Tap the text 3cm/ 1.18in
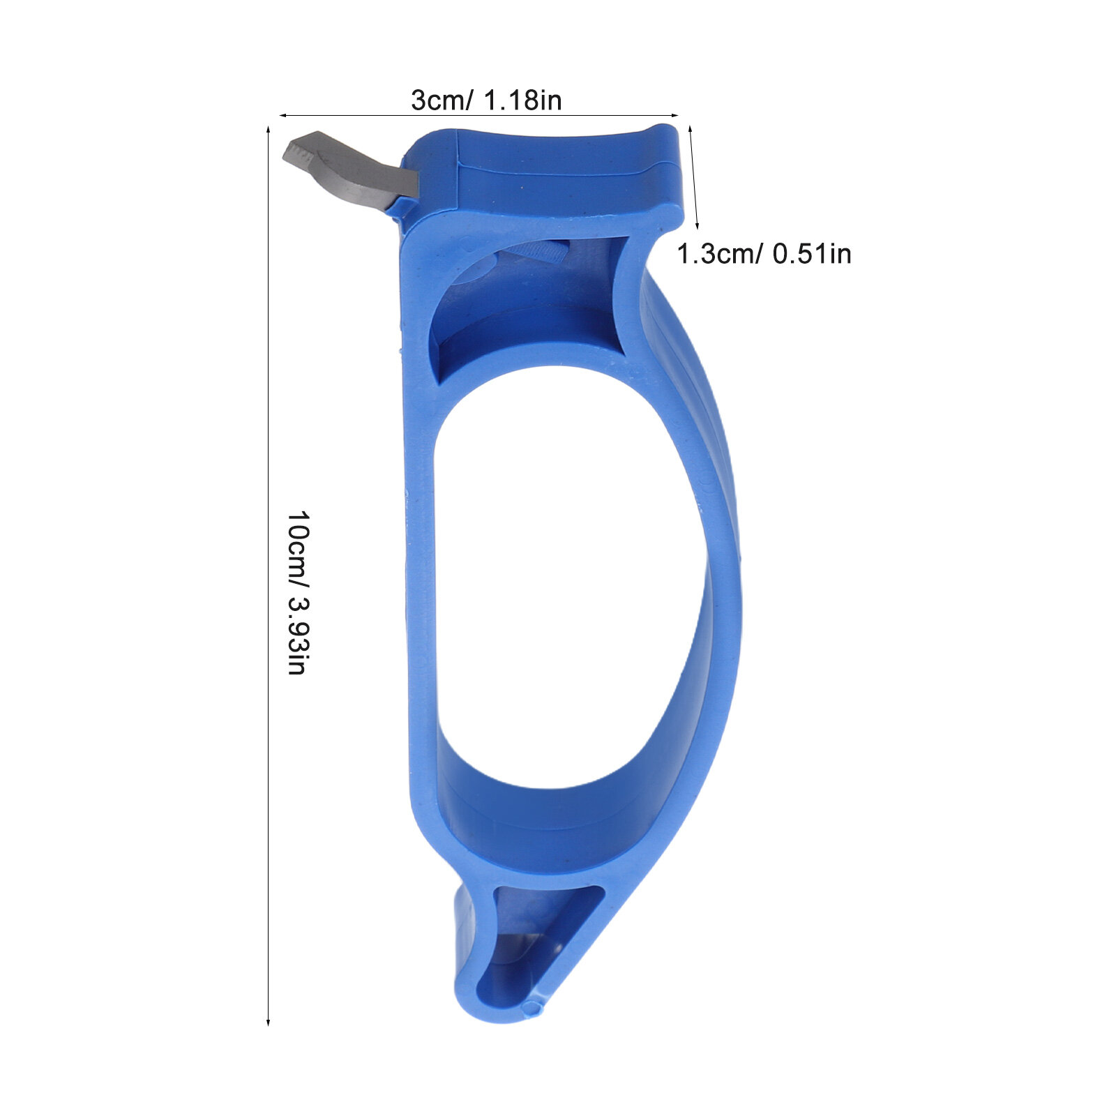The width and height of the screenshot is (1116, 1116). tap(486, 100)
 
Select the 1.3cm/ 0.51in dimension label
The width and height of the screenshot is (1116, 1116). tap(764, 253)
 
